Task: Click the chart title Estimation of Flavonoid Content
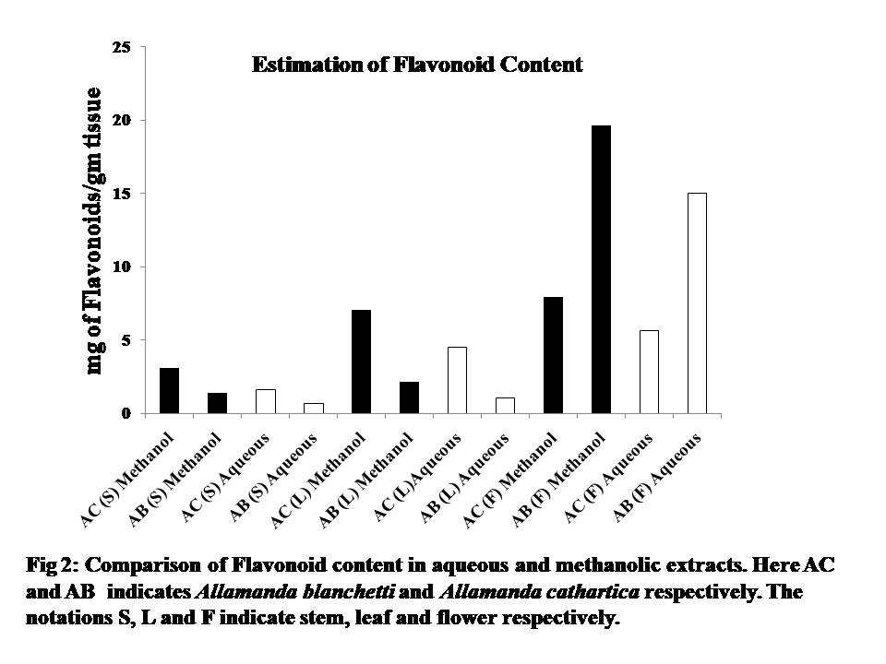click(418, 65)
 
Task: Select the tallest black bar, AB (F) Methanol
click(601, 269)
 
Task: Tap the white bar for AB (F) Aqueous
click(697, 303)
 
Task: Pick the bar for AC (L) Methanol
click(361, 362)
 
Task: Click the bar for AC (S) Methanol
click(169, 390)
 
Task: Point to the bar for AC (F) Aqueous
click(649, 372)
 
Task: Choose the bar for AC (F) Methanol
click(553, 355)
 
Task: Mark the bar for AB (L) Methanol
click(409, 397)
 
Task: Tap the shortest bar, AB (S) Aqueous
click(313, 409)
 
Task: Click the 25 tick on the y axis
click(123, 47)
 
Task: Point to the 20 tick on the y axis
click(123, 120)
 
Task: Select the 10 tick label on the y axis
click(123, 267)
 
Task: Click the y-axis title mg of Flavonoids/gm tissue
click(95, 231)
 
